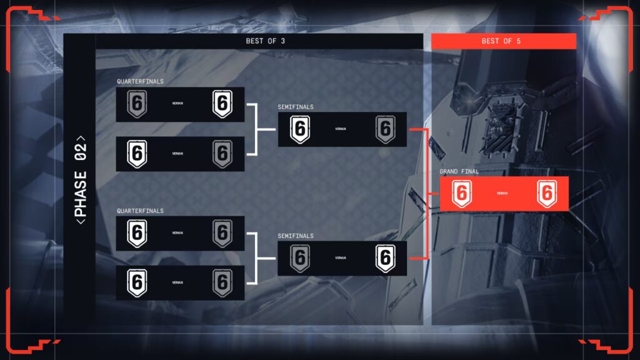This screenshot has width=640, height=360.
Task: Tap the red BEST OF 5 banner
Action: [503, 41]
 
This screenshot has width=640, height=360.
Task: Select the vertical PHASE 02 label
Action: [80, 180]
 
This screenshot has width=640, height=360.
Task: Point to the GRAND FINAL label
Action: [459, 171]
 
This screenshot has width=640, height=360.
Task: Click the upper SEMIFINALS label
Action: [296, 107]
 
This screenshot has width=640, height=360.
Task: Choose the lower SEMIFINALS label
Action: [296, 236]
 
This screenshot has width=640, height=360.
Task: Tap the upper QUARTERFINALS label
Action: [140, 81]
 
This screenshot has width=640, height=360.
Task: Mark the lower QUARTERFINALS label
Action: [140, 211]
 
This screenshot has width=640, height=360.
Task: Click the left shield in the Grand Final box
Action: [462, 194]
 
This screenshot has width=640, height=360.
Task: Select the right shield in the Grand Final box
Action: [547, 194]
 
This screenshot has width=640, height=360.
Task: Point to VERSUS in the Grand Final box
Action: [502, 194]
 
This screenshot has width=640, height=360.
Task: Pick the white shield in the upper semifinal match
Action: [301, 129]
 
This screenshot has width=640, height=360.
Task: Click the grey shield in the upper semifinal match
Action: [386, 129]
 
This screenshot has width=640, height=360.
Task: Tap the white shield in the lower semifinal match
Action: [386, 259]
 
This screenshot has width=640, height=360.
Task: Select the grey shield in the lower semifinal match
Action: [301, 259]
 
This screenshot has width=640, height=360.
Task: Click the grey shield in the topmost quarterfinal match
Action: [137, 104]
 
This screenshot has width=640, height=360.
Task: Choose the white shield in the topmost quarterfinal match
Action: [222, 104]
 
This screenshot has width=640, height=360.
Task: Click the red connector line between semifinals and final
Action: [427, 194]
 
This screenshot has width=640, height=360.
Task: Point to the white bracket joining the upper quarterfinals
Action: [256, 129]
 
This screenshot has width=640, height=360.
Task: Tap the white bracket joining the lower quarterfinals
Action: [256, 259]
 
